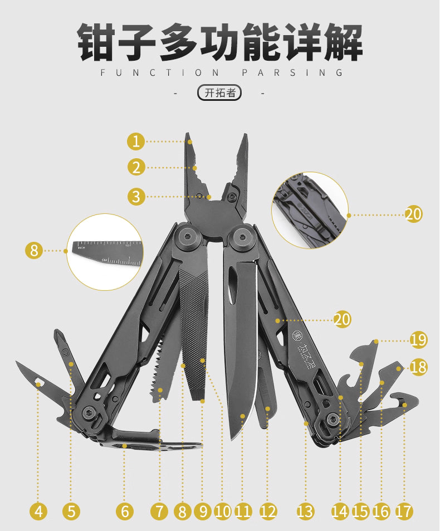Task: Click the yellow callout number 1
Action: [135, 142]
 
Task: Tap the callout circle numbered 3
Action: [135, 196]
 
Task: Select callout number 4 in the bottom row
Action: [38, 511]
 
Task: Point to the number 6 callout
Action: [125, 511]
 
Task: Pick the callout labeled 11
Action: [243, 511]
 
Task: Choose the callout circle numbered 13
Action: [305, 511]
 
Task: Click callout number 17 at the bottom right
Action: [404, 511]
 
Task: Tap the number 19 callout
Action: [418, 339]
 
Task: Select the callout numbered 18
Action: [418, 366]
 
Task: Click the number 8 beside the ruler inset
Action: [34, 251]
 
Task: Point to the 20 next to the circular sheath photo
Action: [413, 214]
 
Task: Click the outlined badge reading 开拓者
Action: [219, 93]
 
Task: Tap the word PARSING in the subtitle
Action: [292, 72]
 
